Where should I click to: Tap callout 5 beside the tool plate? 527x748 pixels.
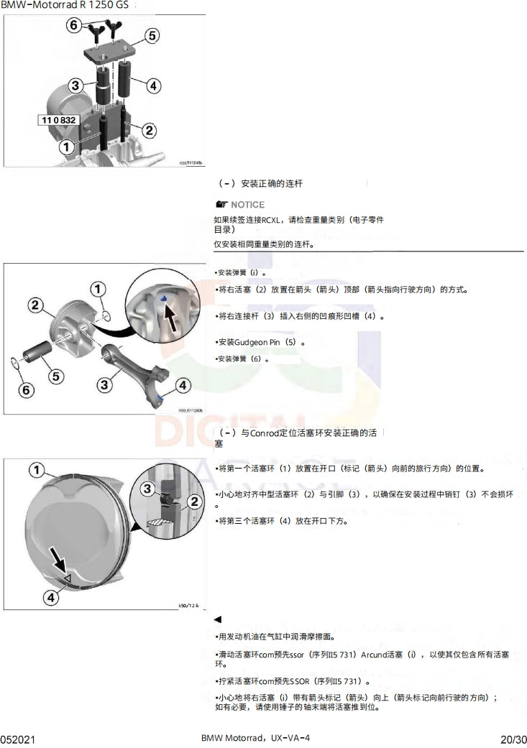[x=152, y=35]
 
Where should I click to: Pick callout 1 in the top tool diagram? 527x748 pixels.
[x=65, y=147]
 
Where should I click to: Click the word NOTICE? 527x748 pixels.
[x=247, y=205]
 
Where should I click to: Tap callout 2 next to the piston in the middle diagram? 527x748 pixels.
[x=35, y=305]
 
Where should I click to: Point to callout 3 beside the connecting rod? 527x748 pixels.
[x=105, y=385]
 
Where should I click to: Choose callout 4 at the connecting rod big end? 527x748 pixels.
[x=183, y=385]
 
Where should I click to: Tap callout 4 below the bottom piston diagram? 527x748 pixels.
[x=51, y=596]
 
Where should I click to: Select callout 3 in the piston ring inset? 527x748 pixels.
[x=147, y=489]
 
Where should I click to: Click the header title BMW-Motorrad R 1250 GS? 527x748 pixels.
[x=60, y=6]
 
